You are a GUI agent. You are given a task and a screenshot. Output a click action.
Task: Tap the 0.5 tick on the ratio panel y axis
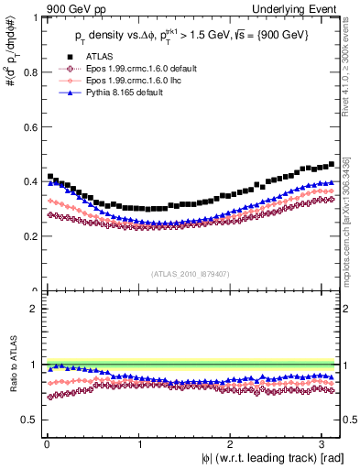coord(31,420)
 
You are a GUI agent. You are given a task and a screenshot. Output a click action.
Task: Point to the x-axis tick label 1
coord(139,443)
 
